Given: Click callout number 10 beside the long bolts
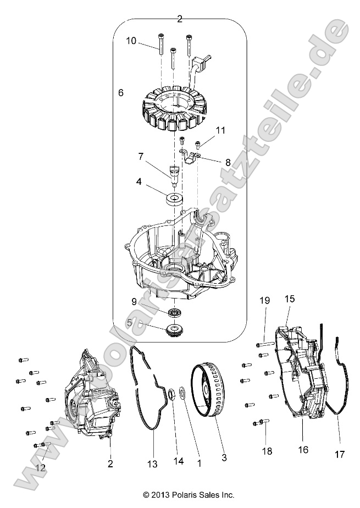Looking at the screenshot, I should [x=131, y=41].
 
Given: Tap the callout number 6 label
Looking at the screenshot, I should [x=120, y=93].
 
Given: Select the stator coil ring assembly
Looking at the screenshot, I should [x=169, y=113].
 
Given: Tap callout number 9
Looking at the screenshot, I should [x=134, y=301].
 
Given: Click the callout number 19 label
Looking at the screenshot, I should [x=265, y=300].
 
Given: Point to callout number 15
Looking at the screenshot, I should [x=289, y=299].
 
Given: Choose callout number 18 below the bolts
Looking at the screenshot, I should [x=267, y=467].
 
